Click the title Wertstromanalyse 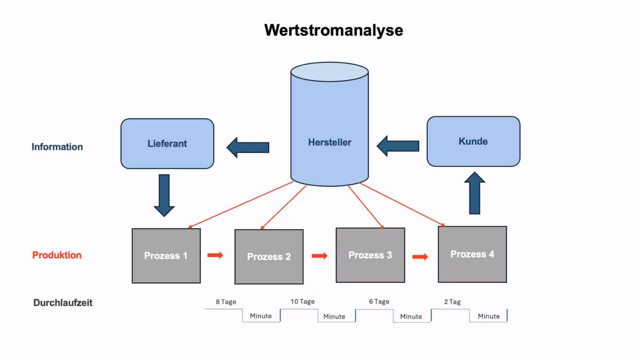point(333,30)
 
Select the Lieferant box point(167,143)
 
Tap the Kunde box point(473,141)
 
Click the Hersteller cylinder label point(330,142)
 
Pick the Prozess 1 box point(166,256)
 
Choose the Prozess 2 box point(269,257)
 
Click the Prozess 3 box point(370,255)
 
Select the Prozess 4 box point(472,254)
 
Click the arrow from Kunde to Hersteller point(398,146)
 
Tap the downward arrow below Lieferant point(164,195)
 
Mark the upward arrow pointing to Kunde point(475,193)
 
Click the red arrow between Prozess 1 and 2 point(215,255)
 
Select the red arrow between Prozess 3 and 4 point(420,257)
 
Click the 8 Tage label point(226,302)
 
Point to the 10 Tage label point(302,301)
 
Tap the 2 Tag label point(452,302)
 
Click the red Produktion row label point(57,255)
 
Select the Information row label point(57,147)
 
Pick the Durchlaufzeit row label point(63,303)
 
